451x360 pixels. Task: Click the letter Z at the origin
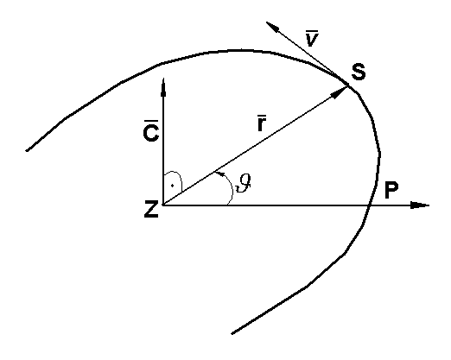click(x=150, y=209)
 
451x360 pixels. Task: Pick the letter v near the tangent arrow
click(x=312, y=40)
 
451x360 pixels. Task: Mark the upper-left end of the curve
click(x=28, y=151)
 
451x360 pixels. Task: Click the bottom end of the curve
click(x=232, y=333)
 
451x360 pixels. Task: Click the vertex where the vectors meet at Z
click(x=162, y=205)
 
